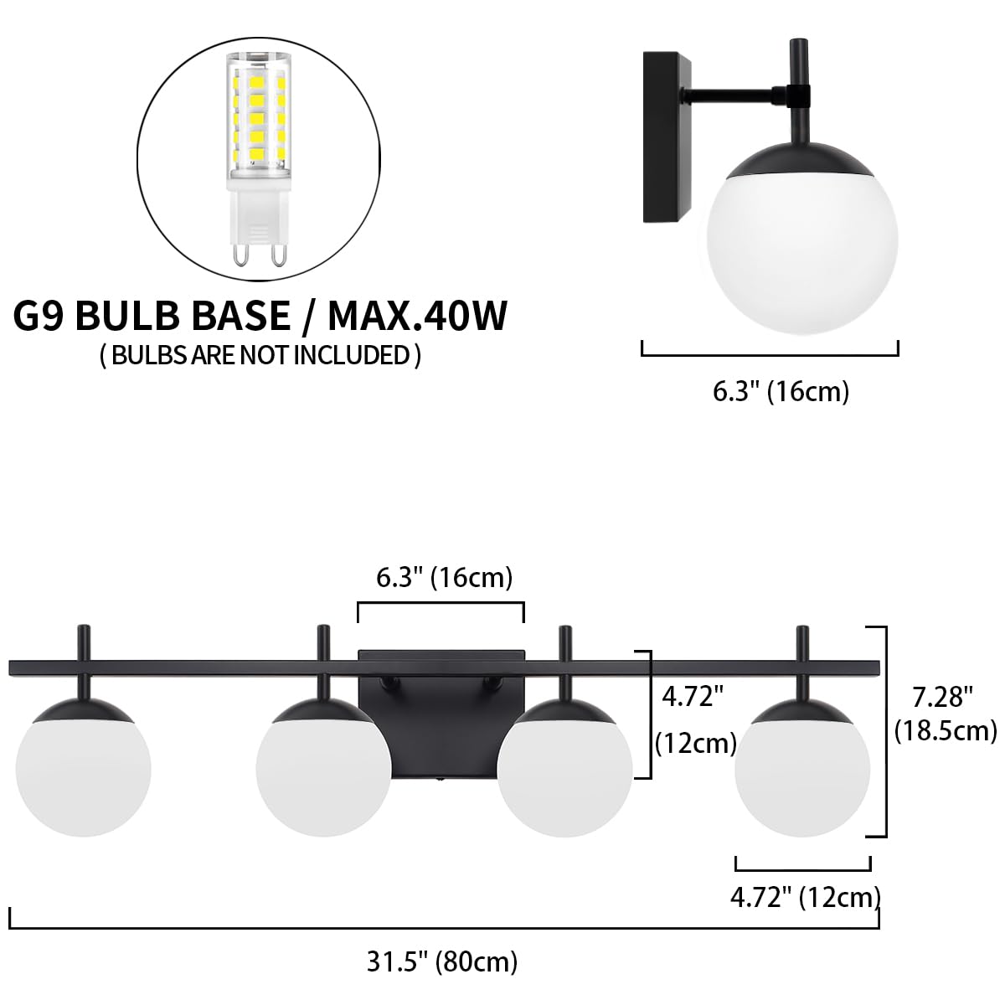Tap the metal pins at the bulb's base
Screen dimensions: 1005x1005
pyautogui.click(x=259, y=254)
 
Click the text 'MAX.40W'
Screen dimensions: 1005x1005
pyautogui.click(x=417, y=316)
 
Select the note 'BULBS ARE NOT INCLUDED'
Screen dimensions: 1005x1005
pyautogui.click(x=260, y=355)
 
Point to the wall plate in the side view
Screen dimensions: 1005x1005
pyautogui.click(x=667, y=137)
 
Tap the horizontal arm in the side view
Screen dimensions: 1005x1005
pyautogui.click(x=740, y=95)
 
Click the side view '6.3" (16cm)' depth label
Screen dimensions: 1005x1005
pyautogui.click(x=781, y=391)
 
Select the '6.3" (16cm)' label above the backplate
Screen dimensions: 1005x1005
pyautogui.click(x=445, y=578)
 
